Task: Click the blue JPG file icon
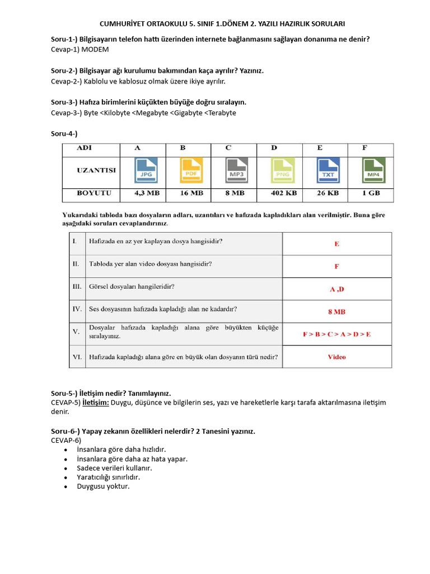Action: click(145, 170)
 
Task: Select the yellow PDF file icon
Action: click(190, 170)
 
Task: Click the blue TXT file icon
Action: click(328, 170)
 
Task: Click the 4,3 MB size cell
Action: click(147, 193)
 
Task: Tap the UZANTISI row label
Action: click(96, 170)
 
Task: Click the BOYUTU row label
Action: click(94, 193)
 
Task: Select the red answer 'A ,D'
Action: click(336, 289)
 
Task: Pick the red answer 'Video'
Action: click(336, 357)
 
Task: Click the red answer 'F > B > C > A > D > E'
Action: click(336, 334)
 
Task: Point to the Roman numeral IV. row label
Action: click(77, 309)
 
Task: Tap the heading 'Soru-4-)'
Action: click(64, 133)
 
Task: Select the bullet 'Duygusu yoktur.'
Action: click(103, 486)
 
